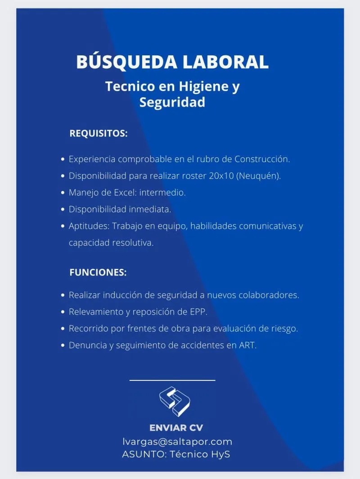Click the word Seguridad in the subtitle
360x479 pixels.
[172, 102]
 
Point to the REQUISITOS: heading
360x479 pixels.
[99, 134]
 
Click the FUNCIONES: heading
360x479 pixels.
[98, 272]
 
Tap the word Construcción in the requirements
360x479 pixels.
[262, 159]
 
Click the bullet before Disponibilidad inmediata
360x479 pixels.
[63, 209]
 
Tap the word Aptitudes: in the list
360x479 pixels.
[89, 226]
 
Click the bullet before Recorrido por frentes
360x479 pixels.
[63, 329]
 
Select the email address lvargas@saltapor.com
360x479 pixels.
[177, 442]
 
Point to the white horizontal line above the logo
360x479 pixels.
[172, 380]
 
